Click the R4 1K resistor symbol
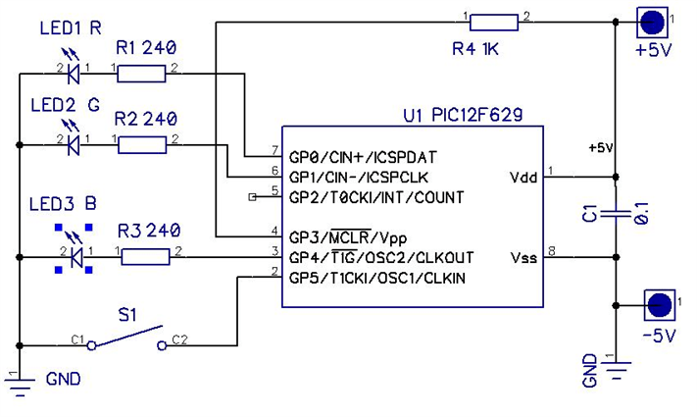pos(498,19)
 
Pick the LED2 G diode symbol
pos(72,144)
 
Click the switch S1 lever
pos(125,339)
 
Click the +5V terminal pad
pos(653,19)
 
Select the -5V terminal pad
pos(659,304)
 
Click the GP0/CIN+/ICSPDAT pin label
pos(362,156)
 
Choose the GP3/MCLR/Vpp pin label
pos(349,237)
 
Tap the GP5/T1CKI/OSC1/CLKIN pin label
pos(376,279)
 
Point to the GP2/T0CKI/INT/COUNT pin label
pos(375,197)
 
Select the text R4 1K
pos(475,48)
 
